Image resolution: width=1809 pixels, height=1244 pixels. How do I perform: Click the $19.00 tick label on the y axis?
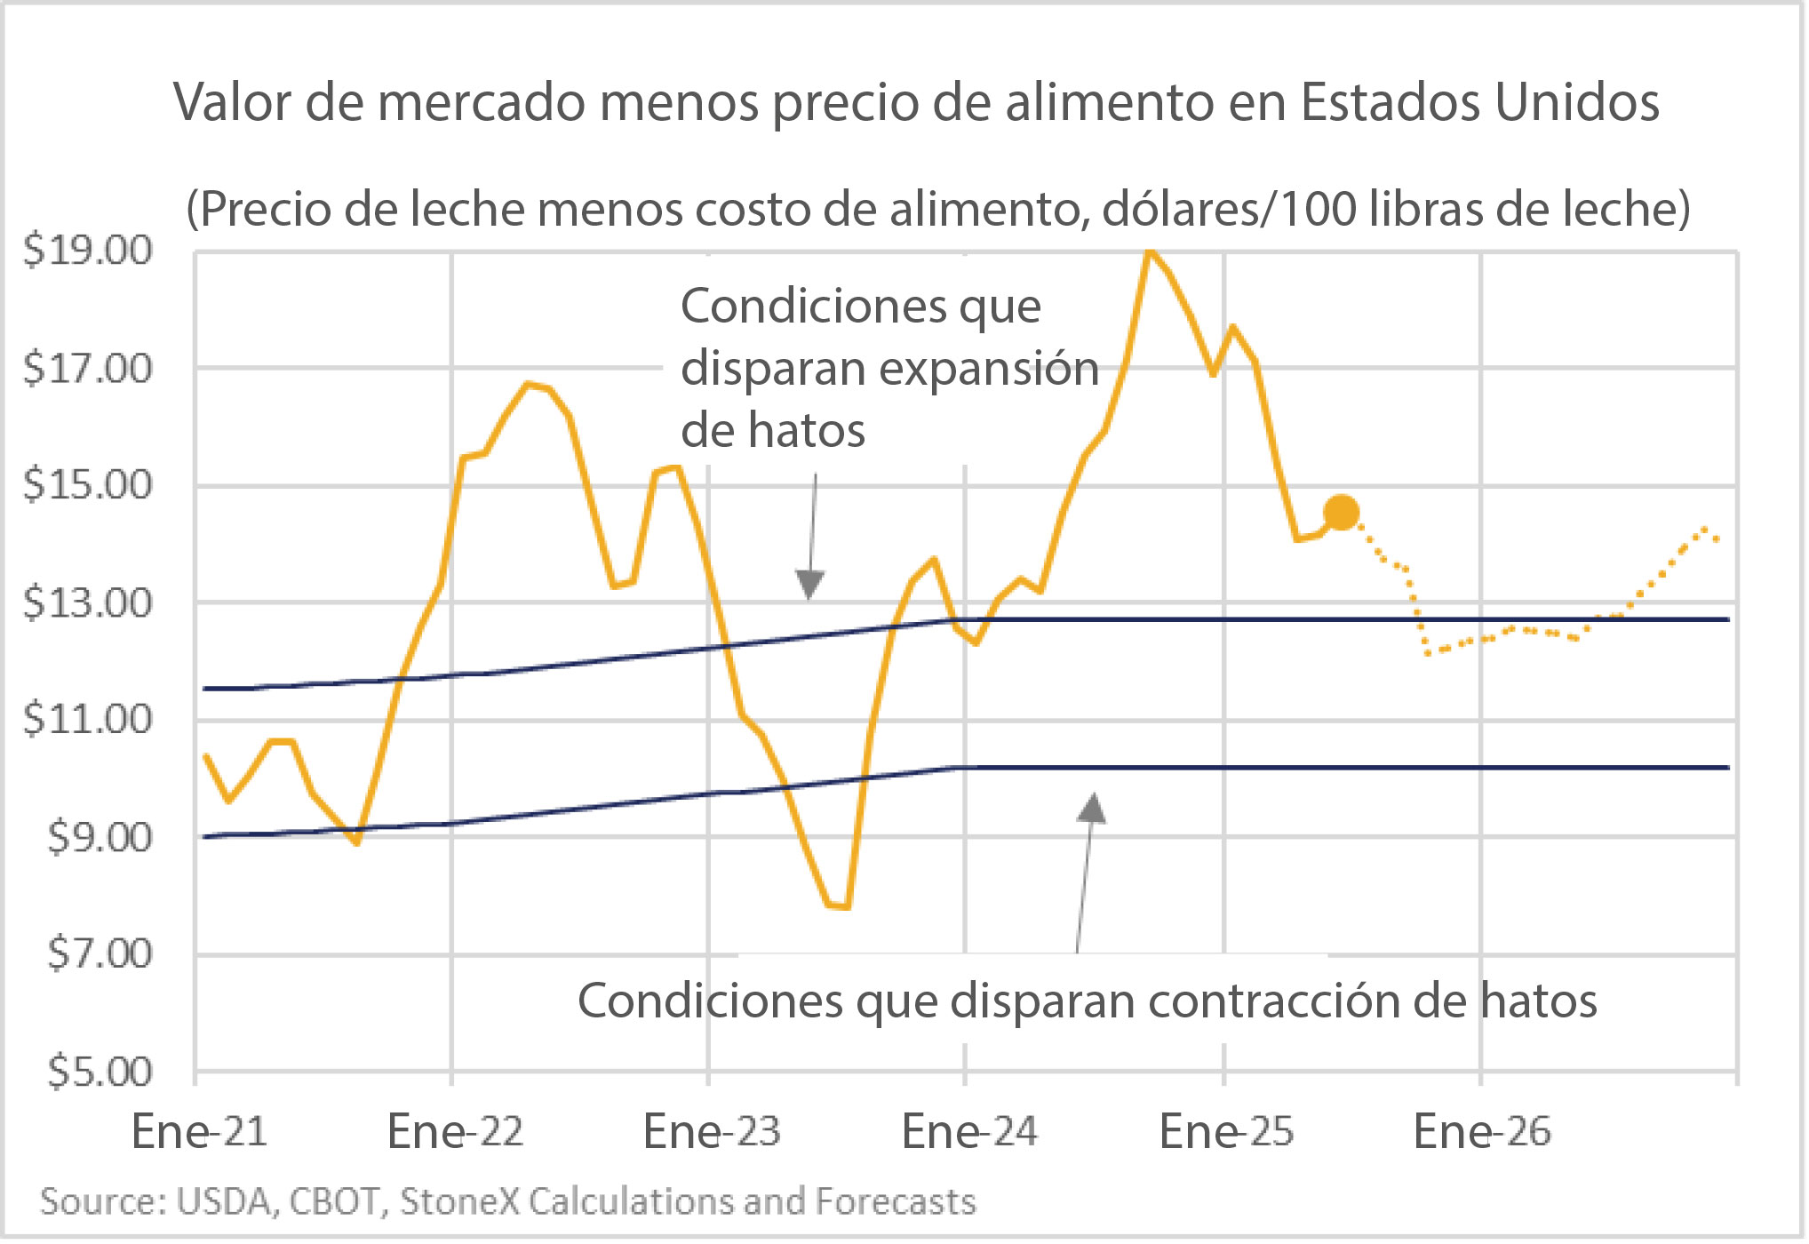(88, 251)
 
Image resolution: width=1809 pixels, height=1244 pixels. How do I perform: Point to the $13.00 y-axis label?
(88, 603)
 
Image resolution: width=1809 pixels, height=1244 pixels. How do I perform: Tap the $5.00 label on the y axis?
(100, 1073)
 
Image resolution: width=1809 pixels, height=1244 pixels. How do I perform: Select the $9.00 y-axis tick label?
(100, 838)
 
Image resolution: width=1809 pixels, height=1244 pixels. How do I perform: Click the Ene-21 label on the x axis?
(199, 1132)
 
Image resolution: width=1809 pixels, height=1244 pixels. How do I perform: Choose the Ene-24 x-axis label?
(968, 1132)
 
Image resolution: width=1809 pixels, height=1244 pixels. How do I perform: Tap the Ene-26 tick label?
(1481, 1132)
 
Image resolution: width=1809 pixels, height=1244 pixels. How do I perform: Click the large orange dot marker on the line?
(1341, 513)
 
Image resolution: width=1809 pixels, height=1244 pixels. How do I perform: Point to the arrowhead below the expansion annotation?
(809, 584)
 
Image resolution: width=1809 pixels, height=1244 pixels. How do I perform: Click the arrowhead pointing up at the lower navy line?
(1092, 809)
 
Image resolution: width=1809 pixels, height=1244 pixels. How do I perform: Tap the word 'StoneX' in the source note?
(459, 1202)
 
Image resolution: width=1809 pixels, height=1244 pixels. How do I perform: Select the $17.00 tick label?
(88, 369)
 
